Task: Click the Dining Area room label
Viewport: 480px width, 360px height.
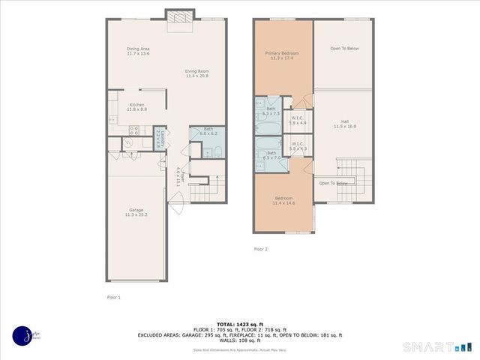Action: pyautogui.click(x=138, y=51)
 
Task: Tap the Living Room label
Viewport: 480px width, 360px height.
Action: pyautogui.click(x=197, y=73)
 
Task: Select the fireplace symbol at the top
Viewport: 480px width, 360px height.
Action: pyautogui.click(x=178, y=17)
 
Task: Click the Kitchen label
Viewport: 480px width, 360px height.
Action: pyautogui.click(x=136, y=106)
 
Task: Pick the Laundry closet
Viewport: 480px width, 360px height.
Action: pyautogui.click(x=158, y=139)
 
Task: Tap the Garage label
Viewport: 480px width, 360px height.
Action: pyautogui.click(x=136, y=211)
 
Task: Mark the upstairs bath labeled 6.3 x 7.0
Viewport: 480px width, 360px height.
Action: pyautogui.click(x=271, y=155)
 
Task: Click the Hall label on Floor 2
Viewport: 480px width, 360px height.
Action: pyautogui.click(x=344, y=124)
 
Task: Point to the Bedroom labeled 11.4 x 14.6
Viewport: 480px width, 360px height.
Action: pyautogui.click(x=283, y=200)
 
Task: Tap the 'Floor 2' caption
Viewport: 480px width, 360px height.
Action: pyautogui.click(x=260, y=248)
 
